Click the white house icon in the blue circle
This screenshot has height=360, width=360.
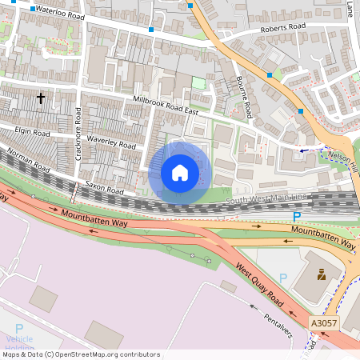[180, 172]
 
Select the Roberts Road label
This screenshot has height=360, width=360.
[283, 27]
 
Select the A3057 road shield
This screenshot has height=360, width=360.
[323, 322]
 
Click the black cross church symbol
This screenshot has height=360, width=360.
[40, 98]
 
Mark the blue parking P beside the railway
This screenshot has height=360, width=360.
[297, 216]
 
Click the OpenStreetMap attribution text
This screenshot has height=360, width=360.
[80, 354]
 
